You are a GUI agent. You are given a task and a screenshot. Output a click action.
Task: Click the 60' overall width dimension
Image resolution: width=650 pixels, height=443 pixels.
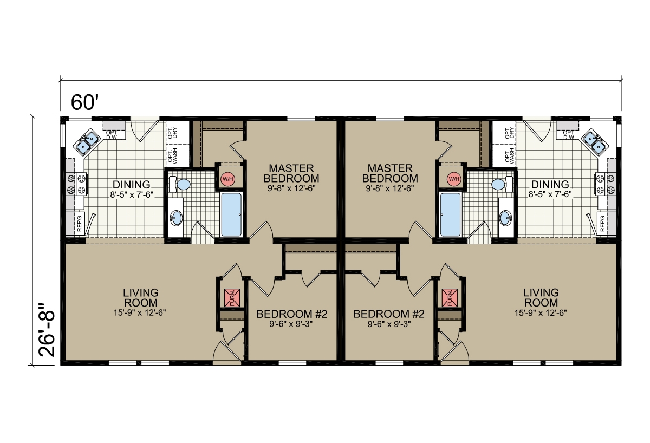point(83,102)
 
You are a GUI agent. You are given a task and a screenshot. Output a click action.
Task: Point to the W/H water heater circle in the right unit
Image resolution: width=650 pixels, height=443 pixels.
point(453,179)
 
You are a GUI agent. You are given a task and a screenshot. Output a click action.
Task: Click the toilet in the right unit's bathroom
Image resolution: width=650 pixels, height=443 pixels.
point(499,185)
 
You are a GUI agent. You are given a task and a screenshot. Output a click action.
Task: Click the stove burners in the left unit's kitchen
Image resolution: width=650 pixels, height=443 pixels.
point(76,184)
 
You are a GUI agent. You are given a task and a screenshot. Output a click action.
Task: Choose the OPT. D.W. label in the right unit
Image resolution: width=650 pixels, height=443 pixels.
point(569,135)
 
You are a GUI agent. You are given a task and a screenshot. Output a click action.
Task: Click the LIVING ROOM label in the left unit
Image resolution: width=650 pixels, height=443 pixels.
point(140,297)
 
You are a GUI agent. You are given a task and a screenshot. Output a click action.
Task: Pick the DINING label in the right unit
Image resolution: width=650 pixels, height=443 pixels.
point(550,184)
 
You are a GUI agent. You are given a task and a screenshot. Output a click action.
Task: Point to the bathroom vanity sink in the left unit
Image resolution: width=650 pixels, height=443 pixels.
point(176,218)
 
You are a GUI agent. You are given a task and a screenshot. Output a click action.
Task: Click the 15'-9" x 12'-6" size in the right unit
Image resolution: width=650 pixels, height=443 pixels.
point(541,312)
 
